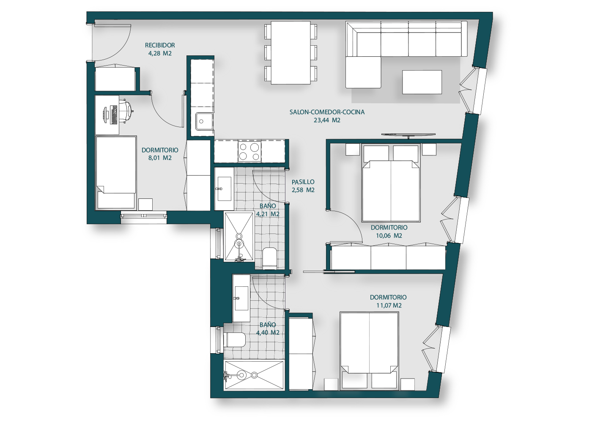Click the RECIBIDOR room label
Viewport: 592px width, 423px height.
click(x=160, y=45)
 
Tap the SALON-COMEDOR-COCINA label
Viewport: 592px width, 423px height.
click(x=327, y=112)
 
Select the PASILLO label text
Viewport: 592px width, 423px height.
click(x=303, y=182)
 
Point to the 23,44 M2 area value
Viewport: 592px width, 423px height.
click(x=327, y=120)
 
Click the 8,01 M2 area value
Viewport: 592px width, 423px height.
click(x=160, y=158)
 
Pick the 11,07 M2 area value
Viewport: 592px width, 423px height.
click(x=389, y=305)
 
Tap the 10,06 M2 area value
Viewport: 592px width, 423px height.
click(x=389, y=236)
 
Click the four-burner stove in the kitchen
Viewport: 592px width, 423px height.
click(x=249, y=152)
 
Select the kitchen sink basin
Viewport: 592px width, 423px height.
click(x=204, y=121)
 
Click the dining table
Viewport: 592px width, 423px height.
click(x=291, y=52)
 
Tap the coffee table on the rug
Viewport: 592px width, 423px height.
click(x=422, y=82)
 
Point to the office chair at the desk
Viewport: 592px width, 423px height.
click(x=126, y=111)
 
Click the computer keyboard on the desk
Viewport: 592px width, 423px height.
click(x=114, y=115)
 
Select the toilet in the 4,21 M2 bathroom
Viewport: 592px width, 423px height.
click(x=269, y=258)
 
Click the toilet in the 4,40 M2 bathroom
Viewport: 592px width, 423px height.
click(x=234, y=340)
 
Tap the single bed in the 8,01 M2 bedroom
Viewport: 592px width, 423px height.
click(x=115, y=173)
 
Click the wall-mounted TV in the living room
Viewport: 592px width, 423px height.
click(x=408, y=135)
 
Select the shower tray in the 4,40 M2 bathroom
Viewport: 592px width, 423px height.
click(x=254, y=375)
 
